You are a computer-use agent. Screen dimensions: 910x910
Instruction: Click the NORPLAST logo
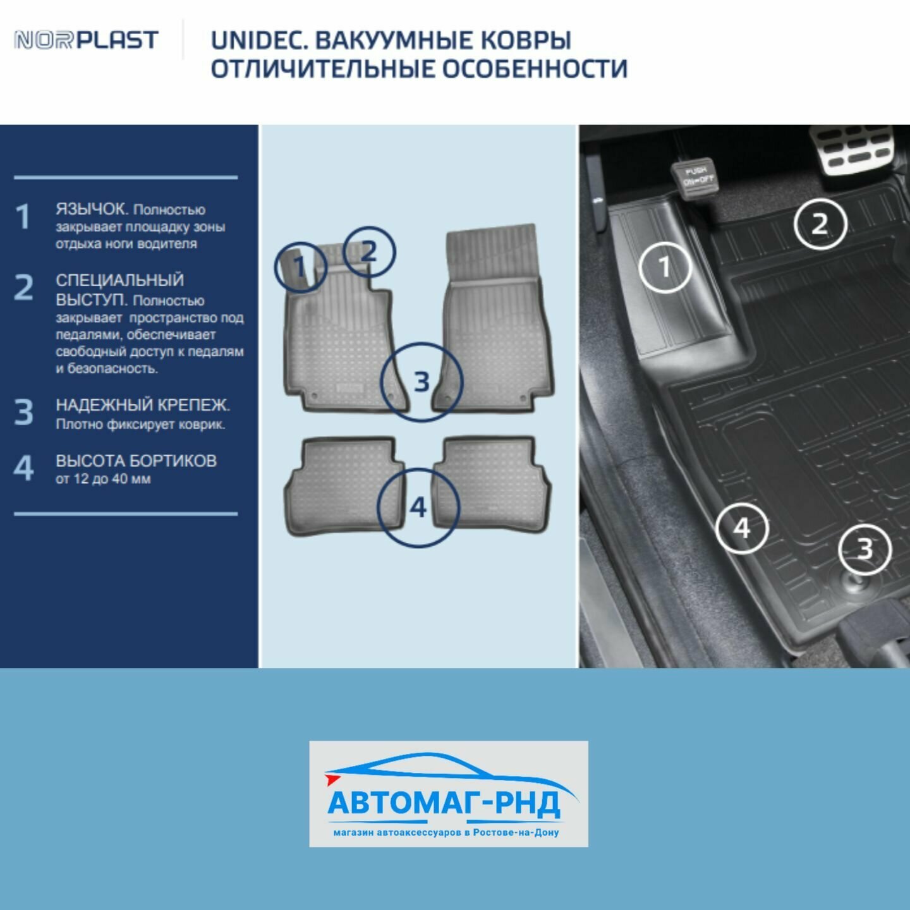(x=87, y=40)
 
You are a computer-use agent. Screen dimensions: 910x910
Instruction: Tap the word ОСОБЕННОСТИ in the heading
(x=535, y=69)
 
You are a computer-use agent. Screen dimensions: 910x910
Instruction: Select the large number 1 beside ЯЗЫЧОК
(x=23, y=217)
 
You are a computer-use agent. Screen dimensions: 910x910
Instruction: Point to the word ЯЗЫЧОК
(x=92, y=209)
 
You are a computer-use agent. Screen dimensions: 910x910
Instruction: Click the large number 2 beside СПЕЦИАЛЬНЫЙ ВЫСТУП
(x=23, y=287)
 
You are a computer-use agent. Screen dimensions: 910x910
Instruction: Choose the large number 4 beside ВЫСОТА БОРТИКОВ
(x=23, y=468)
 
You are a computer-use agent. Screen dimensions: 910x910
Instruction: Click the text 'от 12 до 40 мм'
(x=104, y=479)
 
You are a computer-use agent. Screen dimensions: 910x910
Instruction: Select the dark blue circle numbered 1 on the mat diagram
(x=276, y=267)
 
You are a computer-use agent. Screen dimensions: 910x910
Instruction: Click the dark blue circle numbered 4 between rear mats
(x=377, y=507)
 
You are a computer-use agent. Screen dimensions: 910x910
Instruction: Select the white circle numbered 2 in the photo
(x=794, y=223)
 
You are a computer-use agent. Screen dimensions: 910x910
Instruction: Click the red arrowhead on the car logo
(x=332, y=779)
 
